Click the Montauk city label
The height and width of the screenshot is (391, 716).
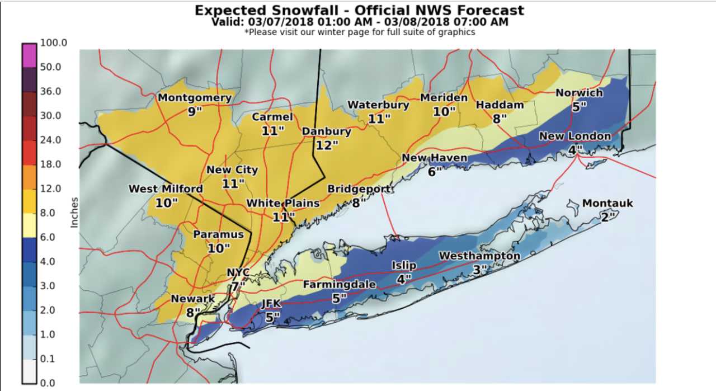tap(607, 203)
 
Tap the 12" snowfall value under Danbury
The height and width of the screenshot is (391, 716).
tap(327, 145)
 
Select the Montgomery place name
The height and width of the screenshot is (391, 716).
tap(194, 98)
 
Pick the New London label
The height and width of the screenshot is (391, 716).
tap(574, 136)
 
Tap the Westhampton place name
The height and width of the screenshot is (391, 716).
tap(479, 256)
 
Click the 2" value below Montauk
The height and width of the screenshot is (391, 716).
tap(608, 217)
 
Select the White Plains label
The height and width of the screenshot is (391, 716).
tap(283, 203)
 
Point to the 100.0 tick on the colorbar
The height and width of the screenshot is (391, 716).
tap(54, 43)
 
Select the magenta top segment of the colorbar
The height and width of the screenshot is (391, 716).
tap(30, 55)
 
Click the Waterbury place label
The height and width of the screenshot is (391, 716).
tap(378, 105)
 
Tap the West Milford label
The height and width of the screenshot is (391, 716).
tap(166, 189)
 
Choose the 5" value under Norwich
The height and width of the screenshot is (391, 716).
tap(578, 106)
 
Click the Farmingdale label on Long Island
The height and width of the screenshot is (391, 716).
tap(339, 285)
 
